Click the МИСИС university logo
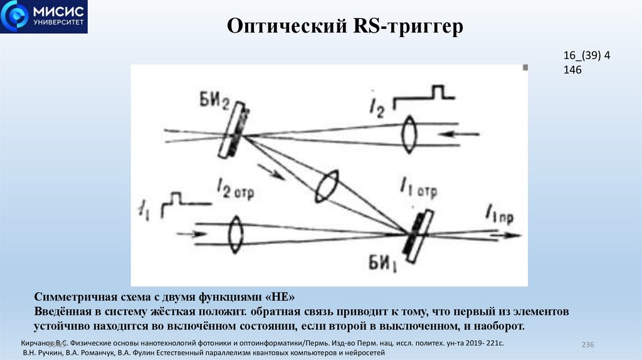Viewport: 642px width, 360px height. click(43, 17)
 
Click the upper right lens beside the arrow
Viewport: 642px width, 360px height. click(409, 133)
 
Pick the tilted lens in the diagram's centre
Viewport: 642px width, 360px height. click(328, 186)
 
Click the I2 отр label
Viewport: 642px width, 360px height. click(234, 187)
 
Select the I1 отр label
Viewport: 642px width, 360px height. click(417, 188)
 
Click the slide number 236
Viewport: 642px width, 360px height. click(587, 346)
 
